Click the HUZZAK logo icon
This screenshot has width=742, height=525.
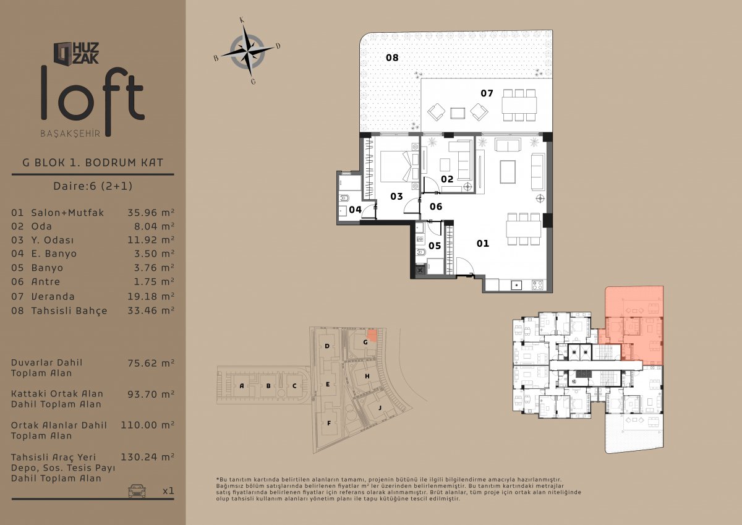(62, 53)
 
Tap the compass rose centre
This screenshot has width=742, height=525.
(247, 52)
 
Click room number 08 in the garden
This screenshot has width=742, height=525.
(392, 58)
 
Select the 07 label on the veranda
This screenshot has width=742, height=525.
(487, 93)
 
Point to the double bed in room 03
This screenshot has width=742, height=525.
(400, 166)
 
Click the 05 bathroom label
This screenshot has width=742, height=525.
(435, 245)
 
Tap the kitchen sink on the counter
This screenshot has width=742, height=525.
(516, 285)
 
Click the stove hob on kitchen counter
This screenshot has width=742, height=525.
(537, 285)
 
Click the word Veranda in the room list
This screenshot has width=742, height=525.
(53, 296)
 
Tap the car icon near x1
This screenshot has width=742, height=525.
(137, 490)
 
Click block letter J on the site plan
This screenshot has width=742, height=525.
(380, 408)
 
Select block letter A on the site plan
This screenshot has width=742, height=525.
(242, 386)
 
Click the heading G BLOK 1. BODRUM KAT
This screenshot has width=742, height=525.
(93, 163)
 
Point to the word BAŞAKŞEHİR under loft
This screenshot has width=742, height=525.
(70, 134)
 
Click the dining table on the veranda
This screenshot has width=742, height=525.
(519, 105)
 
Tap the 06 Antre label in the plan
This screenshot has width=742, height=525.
(436, 207)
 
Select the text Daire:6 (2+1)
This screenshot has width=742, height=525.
(93, 186)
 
